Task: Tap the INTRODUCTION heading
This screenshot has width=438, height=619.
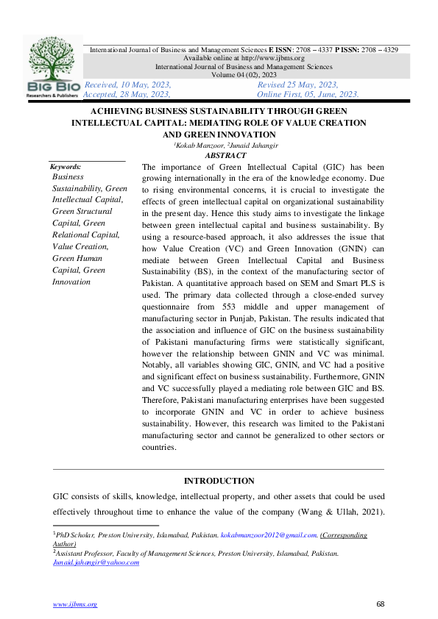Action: [219, 481]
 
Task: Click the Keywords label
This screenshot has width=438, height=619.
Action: [66, 167]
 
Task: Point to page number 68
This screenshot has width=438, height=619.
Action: [381, 604]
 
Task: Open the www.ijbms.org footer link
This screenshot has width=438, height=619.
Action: [74, 604]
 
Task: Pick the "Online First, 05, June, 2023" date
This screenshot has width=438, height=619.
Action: [308, 94]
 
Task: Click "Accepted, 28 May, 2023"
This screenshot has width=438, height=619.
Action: [127, 94]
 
